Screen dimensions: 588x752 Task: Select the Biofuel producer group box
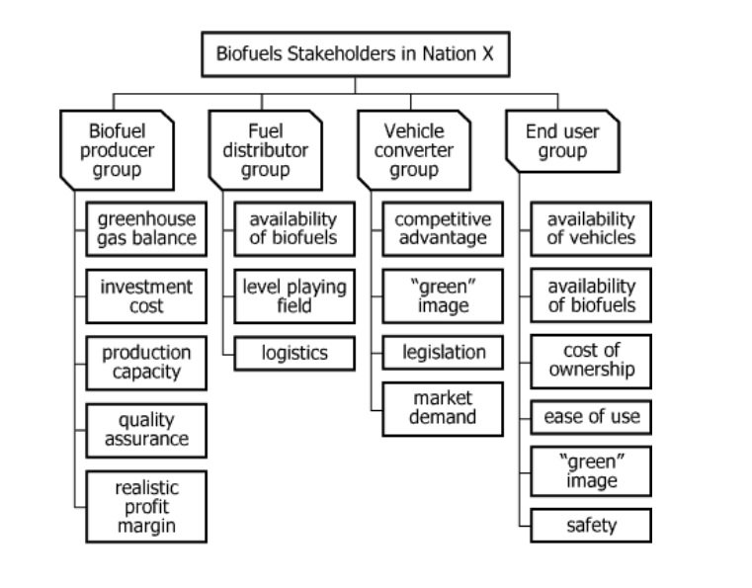[117, 150]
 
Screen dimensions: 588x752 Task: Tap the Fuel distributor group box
[265, 150]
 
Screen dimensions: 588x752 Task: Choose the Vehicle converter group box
[413, 150]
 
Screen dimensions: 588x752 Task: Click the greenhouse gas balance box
[146, 228]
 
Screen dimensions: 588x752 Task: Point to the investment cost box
[146, 296]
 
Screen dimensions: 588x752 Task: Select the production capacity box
[146, 363]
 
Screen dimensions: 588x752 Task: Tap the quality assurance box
[146, 430]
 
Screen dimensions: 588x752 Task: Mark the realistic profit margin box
[146, 506]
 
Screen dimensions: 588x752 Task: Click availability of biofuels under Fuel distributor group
[293, 228]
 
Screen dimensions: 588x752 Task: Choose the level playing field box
[293, 296]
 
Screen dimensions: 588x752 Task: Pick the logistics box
[293, 352]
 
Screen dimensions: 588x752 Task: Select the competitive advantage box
[442, 228]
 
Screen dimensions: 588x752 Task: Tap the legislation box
[442, 352]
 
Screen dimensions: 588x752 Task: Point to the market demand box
[442, 407]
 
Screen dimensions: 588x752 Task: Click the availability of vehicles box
[591, 228]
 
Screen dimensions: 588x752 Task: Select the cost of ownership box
[591, 361]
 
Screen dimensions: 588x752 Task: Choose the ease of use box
[591, 417]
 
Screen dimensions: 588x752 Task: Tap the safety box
[591, 525]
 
